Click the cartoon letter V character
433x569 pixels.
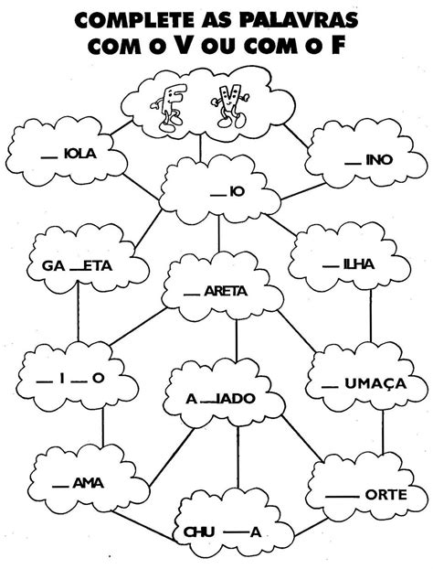pos(230,105)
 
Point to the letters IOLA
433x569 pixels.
pos(80,154)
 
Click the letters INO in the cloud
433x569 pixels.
pos(379,160)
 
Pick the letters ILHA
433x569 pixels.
pos(359,264)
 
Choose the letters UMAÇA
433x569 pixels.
pos(375,383)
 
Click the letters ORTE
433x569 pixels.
pos(385,495)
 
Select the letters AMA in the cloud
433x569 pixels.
pos(88,483)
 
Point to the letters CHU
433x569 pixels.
pos(199,532)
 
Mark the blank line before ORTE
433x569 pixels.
pos(342,497)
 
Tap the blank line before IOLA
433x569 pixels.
pos(49,157)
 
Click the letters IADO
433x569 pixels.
pos(236,399)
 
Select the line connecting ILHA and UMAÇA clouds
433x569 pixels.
pos(371,317)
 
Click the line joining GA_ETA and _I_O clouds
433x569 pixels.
pos(78,312)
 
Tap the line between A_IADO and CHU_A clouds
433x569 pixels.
pos(238,457)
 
